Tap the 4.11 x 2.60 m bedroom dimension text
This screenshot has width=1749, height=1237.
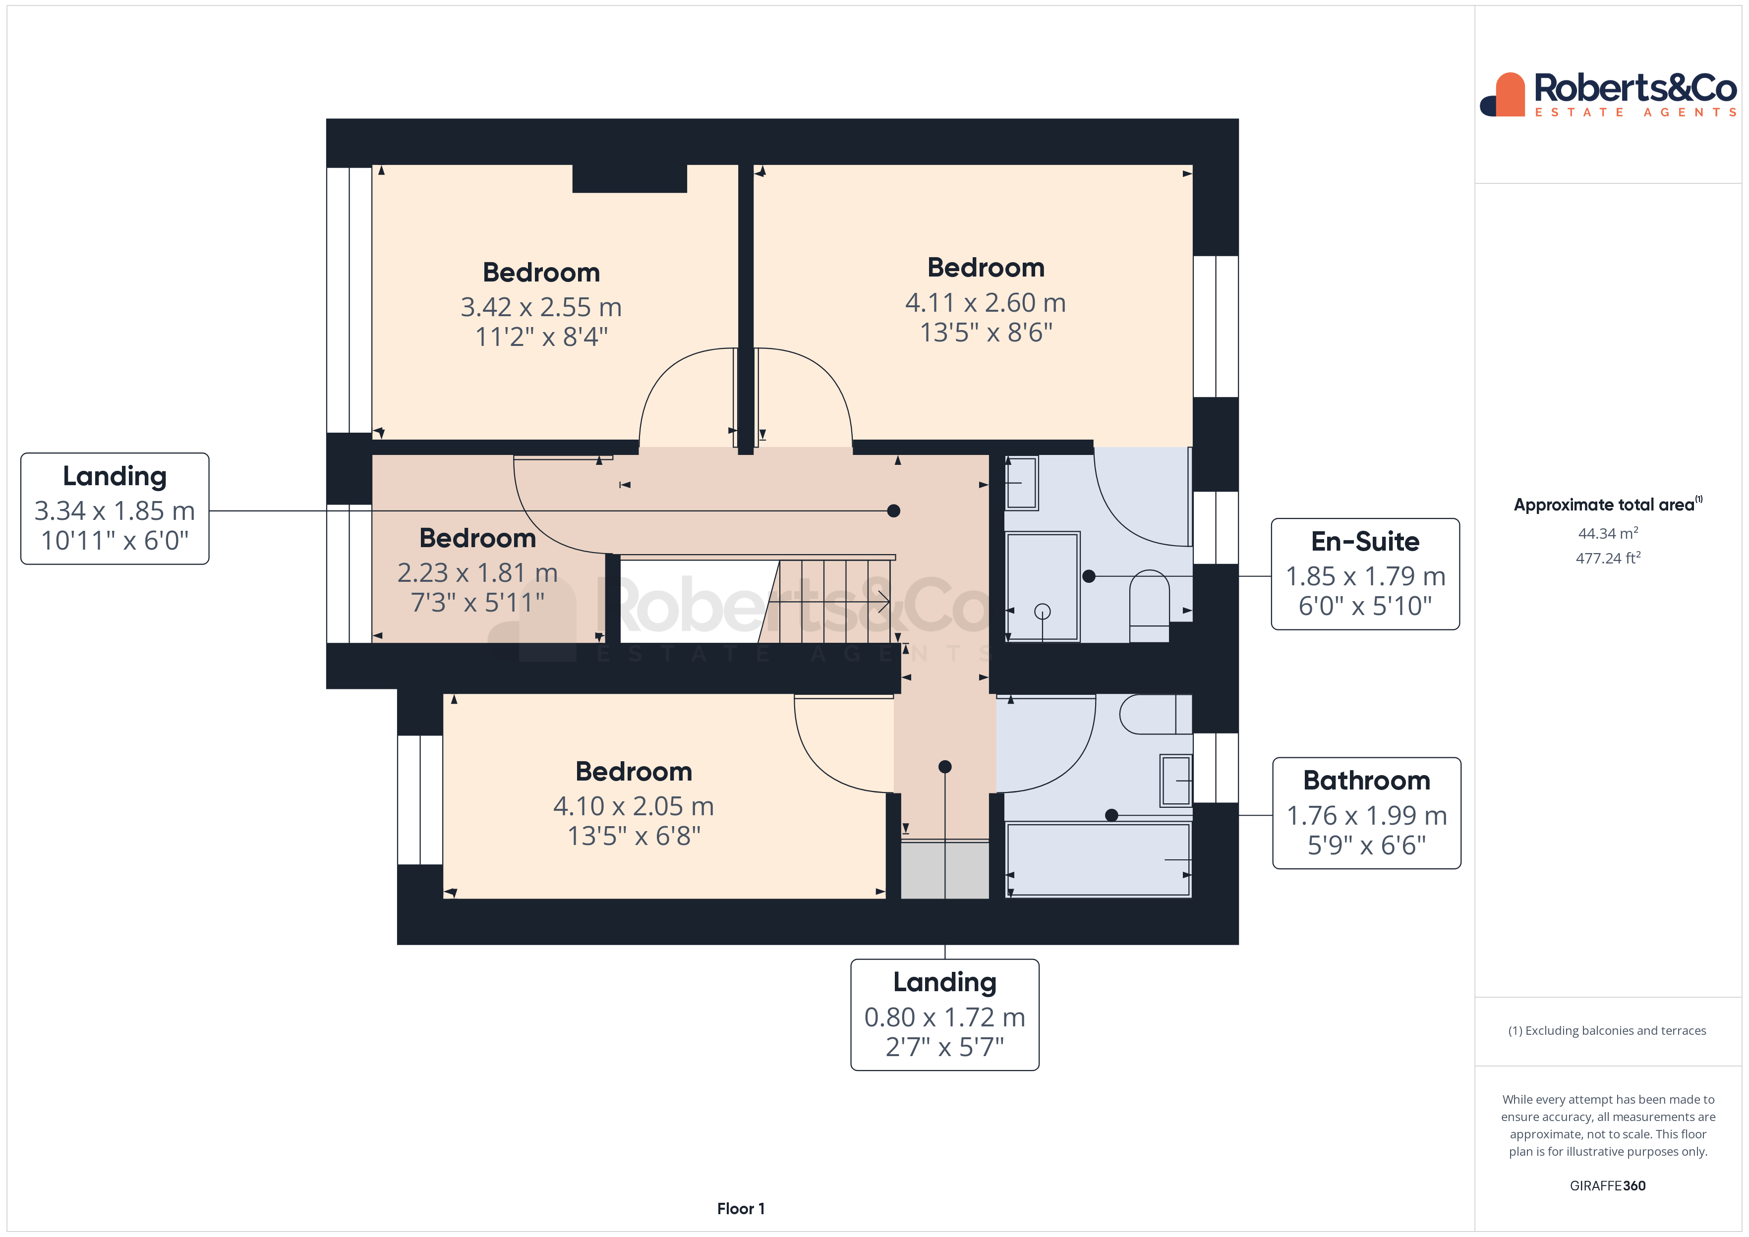[985, 303]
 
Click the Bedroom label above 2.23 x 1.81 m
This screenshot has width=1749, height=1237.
[477, 539]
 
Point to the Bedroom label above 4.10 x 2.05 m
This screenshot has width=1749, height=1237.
[633, 772]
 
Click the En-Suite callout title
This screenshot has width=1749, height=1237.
[1365, 542]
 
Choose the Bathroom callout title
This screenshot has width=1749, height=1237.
[1367, 781]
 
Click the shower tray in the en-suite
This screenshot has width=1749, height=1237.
[1042, 586]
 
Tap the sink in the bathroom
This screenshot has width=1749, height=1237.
[1175, 780]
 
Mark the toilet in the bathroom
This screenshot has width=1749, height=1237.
[1154, 715]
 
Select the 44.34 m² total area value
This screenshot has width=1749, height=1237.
[1607, 534]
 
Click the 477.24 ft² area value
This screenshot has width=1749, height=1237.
[1607, 559]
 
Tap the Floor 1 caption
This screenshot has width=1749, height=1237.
[741, 1209]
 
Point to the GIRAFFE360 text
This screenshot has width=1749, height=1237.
[1607, 1186]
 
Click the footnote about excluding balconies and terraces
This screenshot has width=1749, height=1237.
[1607, 1030]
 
